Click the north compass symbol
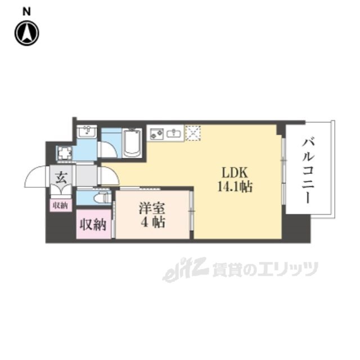tap(26, 33)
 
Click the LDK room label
tap(232, 173)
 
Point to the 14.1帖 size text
tap(232, 187)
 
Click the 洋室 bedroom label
tap(151, 208)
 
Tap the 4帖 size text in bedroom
tap(152, 223)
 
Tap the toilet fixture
tap(101, 197)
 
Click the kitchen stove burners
tap(157, 133)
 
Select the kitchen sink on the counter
tap(174, 133)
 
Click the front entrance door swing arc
tap(36, 178)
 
